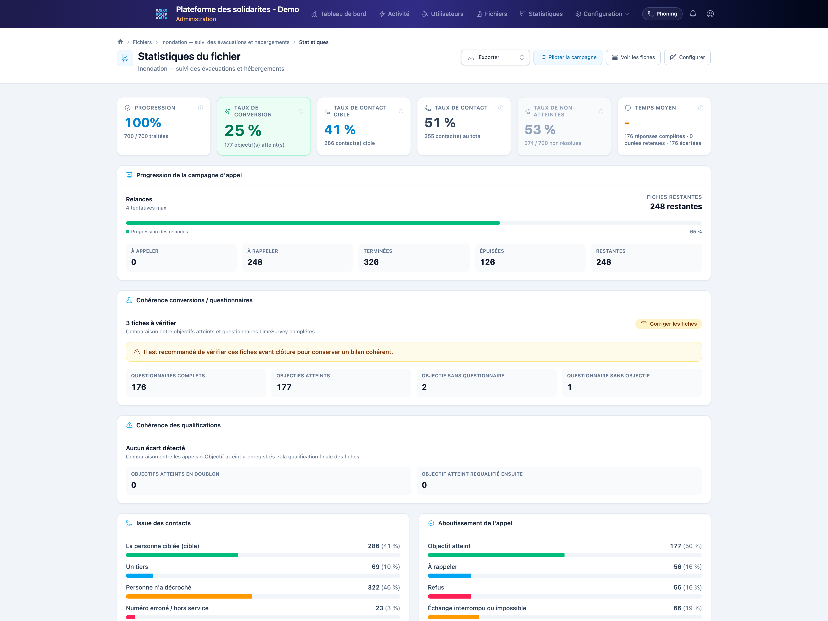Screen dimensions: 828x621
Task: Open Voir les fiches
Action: [633, 57]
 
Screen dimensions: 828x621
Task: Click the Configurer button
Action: [687, 57]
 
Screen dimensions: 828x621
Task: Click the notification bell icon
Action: [693, 14]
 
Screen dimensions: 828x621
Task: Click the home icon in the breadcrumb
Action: [120, 42]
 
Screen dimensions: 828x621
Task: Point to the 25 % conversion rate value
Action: [243, 130]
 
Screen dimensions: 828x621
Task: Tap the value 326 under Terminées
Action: [371, 262]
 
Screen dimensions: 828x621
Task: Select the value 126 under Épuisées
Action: [487, 262]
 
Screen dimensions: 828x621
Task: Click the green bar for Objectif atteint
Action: [496, 555]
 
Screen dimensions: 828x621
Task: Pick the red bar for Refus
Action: [449, 596]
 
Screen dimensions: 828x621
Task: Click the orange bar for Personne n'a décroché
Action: [189, 596]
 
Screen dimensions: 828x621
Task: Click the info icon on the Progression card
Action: [201, 108]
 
